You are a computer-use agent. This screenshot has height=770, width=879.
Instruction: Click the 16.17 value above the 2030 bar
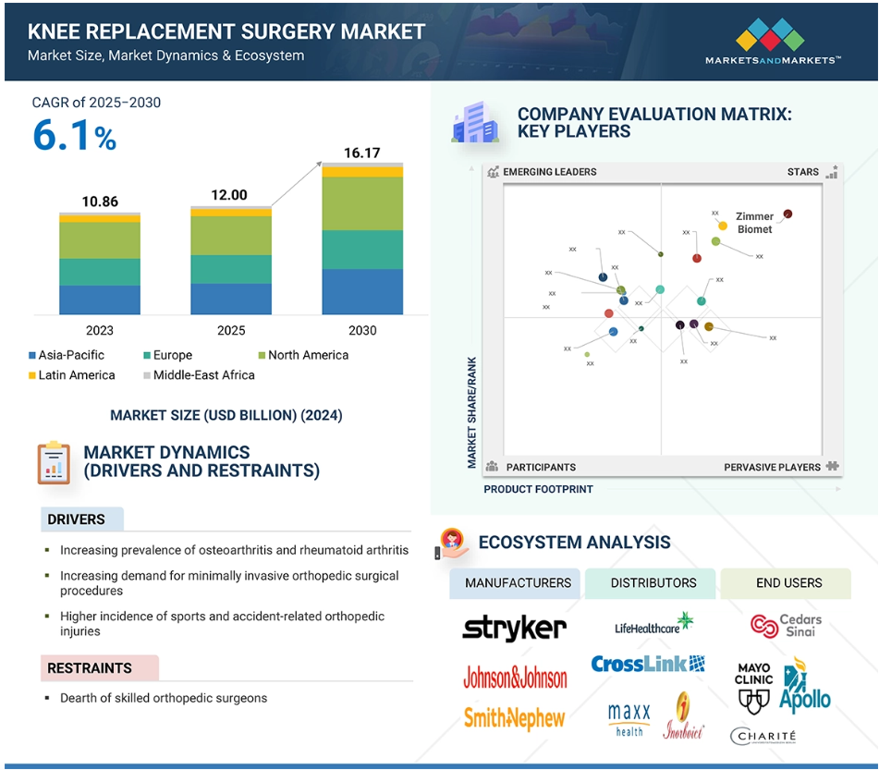(x=361, y=153)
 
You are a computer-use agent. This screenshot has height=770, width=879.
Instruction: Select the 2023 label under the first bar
(x=100, y=331)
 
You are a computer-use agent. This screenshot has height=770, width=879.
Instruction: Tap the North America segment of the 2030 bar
(x=362, y=203)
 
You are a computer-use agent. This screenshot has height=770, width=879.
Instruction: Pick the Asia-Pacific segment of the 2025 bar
(x=231, y=299)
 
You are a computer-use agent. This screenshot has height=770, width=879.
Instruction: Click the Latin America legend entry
(x=70, y=375)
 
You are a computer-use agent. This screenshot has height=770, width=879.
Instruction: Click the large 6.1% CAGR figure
(x=74, y=136)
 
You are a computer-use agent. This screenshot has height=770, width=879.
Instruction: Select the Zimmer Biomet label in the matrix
(x=754, y=223)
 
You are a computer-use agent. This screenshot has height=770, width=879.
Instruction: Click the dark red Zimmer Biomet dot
(x=787, y=214)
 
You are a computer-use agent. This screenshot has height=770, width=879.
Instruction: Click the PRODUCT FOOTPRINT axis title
(x=538, y=489)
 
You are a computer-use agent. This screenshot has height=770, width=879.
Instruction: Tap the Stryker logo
(x=514, y=629)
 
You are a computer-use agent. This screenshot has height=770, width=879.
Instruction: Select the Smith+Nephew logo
(x=514, y=717)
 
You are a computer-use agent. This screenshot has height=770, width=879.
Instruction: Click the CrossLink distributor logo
(x=648, y=664)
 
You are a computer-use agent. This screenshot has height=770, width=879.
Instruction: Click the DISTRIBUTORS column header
(x=653, y=583)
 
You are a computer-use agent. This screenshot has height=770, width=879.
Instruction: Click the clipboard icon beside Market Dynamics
(x=53, y=462)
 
